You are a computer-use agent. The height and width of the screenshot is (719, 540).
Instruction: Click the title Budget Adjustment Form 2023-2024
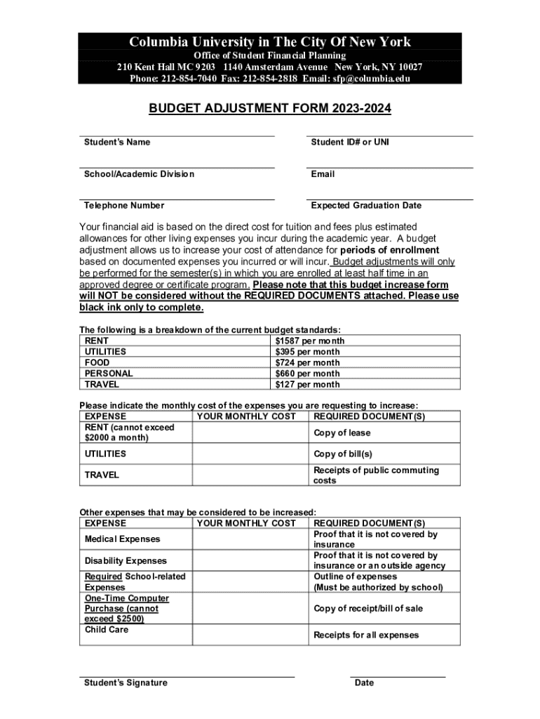(270, 109)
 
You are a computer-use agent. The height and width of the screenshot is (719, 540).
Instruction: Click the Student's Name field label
(117, 143)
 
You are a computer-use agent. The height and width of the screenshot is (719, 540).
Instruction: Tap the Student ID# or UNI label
(350, 143)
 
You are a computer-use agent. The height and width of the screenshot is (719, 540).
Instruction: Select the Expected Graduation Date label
(366, 206)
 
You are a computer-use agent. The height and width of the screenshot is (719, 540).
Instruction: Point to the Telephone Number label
(124, 206)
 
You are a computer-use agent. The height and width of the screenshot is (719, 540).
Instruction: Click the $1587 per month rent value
(309, 341)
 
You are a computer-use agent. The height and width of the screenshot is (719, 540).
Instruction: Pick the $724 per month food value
(307, 363)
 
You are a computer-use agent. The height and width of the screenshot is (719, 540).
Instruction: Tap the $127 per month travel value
(307, 385)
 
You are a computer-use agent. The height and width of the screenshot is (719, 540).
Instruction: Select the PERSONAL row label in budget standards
(109, 374)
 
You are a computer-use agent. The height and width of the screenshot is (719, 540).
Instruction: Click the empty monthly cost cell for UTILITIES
(250, 454)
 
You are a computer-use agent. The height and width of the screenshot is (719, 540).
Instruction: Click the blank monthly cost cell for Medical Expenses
(250, 539)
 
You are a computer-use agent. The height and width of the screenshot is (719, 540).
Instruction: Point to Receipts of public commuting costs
(376, 475)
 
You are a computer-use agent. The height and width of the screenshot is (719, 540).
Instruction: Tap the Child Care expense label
(107, 630)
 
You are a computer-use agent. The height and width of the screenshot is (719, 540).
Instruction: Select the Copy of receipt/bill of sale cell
(368, 609)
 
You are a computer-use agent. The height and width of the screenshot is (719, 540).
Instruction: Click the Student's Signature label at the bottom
(126, 683)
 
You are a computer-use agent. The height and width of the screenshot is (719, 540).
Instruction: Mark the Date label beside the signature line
(365, 683)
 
